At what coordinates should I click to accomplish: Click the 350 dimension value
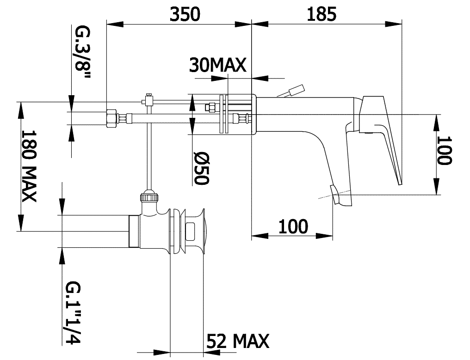(x=185, y=14)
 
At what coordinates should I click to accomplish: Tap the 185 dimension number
(x=322, y=14)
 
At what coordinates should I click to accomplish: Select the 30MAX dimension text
(x=217, y=65)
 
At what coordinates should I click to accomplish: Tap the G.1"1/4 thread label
(x=73, y=312)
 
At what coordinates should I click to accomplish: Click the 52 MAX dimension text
(x=238, y=341)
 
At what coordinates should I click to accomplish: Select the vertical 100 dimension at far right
(x=444, y=150)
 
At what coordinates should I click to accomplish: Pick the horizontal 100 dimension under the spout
(x=293, y=226)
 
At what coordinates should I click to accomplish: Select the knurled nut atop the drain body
(x=149, y=197)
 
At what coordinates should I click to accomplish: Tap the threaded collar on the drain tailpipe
(x=134, y=232)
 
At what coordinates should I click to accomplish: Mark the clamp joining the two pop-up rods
(x=148, y=100)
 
